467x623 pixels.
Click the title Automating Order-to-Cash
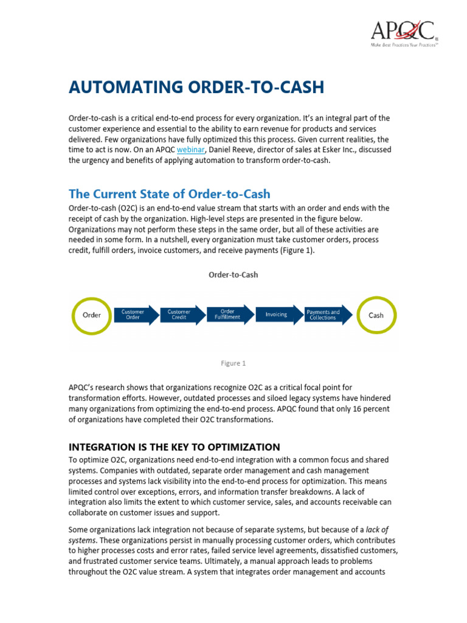[x=196, y=87]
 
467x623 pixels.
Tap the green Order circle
[x=91, y=315]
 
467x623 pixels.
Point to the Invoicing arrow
[x=278, y=315]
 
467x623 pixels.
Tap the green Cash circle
[x=376, y=315]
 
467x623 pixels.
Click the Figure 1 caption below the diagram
[x=233, y=363]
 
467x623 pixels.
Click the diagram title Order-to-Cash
[x=233, y=274]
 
